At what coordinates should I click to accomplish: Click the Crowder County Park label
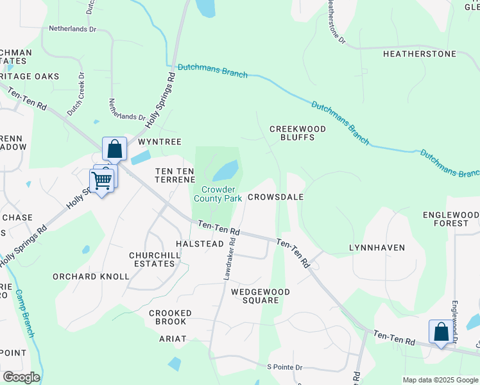point(218,194)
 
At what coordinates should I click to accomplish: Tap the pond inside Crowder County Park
point(225,171)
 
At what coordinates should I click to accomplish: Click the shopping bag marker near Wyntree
point(114,149)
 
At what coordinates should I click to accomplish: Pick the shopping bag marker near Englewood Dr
point(441,332)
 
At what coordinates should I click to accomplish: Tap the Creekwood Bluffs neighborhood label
point(297,133)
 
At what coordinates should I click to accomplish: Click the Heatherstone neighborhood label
point(419,54)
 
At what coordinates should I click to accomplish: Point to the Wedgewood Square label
point(261,296)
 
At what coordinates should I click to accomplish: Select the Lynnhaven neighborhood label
point(377,247)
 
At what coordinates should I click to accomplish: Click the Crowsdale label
point(275,198)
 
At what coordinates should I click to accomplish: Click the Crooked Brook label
point(170,317)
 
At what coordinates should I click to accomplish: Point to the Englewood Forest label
point(451,219)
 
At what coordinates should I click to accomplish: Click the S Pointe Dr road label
point(284,366)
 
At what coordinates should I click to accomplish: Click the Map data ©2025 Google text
point(440,380)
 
